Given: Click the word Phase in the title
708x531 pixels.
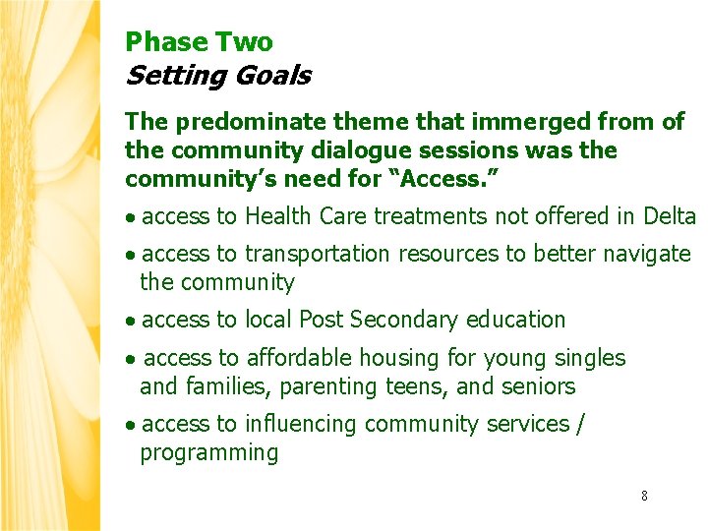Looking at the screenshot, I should click(154, 42).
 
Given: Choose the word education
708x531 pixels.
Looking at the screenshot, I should click(516, 320).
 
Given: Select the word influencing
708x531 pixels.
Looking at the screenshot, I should click(301, 424).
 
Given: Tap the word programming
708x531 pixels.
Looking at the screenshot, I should click(208, 453).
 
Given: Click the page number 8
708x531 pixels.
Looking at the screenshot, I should click(644, 496).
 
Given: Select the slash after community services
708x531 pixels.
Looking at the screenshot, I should click(581, 424).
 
